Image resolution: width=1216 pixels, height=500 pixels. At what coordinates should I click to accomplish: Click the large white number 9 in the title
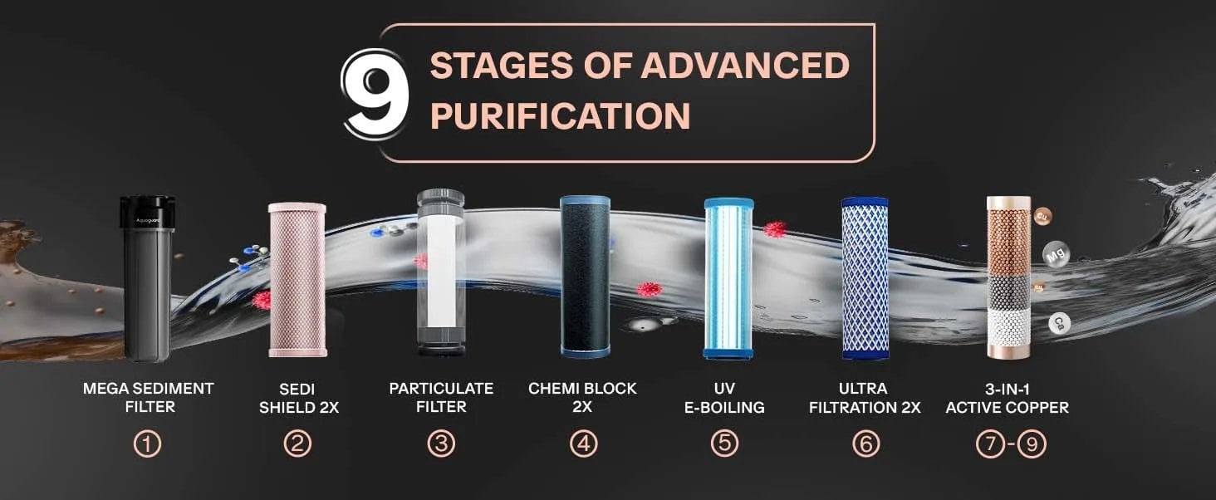click(x=375, y=93)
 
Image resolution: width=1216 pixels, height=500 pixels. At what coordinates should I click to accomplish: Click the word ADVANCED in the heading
click(x=745, y=65)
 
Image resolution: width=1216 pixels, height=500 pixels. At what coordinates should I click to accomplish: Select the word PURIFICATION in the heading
click(x=560, y=115)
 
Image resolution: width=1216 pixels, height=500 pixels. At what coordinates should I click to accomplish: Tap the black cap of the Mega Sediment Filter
click(x=147, y=213)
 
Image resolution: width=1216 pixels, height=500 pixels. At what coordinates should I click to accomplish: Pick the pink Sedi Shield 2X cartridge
click(x=297, y=280)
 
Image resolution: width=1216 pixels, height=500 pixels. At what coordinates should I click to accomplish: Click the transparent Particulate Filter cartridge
click(x=441, y=272)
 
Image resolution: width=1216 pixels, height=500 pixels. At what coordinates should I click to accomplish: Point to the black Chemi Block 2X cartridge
click(x=586, y=277)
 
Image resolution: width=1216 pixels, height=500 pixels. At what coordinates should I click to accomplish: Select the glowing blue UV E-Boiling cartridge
click(x=728, y=278)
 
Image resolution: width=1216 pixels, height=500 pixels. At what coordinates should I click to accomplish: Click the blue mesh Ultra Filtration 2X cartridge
click(x=865, y=278)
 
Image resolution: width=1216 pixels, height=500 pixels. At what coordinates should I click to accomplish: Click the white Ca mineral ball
click(x=1059, y=324)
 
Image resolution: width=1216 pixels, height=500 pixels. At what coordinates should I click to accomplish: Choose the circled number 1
click(x=148, y=444)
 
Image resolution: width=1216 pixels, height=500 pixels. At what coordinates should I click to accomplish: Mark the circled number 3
click(x=441, y=444)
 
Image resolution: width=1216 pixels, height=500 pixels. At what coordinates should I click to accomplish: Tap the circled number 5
click(x=725, y=444)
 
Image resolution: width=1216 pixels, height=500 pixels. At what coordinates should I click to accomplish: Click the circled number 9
click(x=1032, y=444)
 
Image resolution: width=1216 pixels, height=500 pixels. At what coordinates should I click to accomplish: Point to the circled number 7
click(x=990, y=444)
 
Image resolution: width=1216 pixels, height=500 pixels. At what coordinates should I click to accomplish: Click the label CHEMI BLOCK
click(x=582, y=389)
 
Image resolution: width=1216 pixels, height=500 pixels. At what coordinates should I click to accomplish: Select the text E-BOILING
click(x=724, y=407)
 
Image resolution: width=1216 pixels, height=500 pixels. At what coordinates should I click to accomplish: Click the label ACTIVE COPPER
click(x=1007, y=408)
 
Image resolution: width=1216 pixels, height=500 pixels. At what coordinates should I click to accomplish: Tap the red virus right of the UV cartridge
click(x=775, y=229)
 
